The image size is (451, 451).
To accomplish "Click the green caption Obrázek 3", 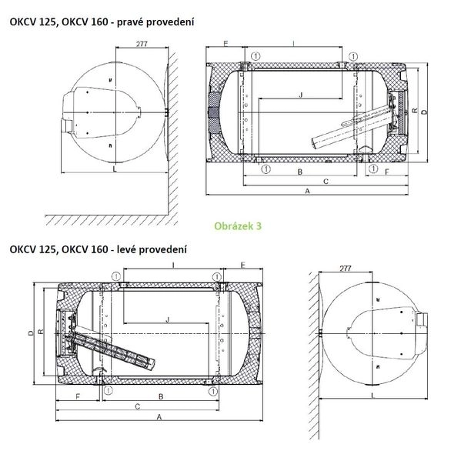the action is (238, 225).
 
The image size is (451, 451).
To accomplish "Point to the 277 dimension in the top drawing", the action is (142, 44).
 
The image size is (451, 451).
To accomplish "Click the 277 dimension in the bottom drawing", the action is (345, 268).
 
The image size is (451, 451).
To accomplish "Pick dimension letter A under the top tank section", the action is (308, 191).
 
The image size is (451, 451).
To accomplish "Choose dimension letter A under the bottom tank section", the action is (159, 417).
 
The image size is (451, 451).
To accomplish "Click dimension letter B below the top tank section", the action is (300, 172).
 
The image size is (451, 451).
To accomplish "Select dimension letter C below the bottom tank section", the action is (138, 406).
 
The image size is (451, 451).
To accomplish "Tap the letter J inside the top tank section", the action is (301, 95).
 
